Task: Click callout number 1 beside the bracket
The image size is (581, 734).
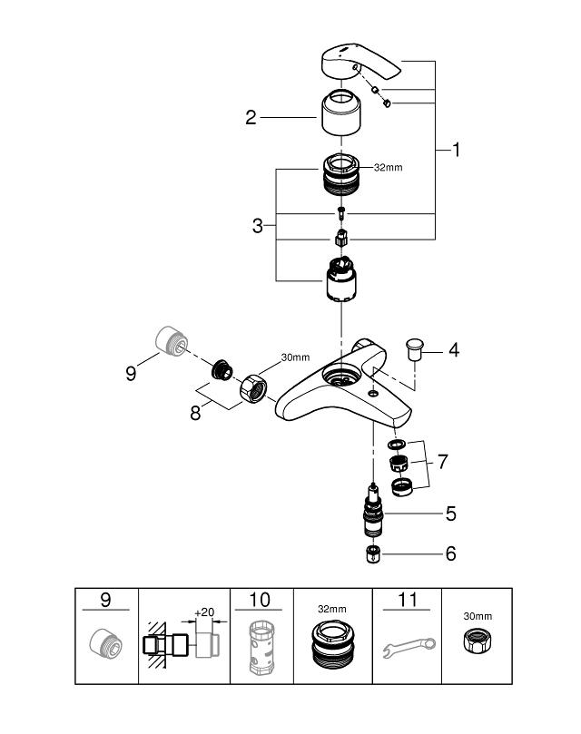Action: [456, 151]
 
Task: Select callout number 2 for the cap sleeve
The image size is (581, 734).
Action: [251, 116]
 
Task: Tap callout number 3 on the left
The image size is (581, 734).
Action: [258, 224]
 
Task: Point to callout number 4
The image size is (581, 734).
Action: [454, 348]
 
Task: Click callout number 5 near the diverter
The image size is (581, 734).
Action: [450, 514]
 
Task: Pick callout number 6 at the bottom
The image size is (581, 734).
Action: [450, 553]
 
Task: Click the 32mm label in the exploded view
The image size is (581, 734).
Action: [388, 168]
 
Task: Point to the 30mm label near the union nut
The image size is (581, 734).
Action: [295, 357]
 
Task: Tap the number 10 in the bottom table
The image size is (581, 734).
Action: [260, 599]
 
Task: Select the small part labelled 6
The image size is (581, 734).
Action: [370, 553]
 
